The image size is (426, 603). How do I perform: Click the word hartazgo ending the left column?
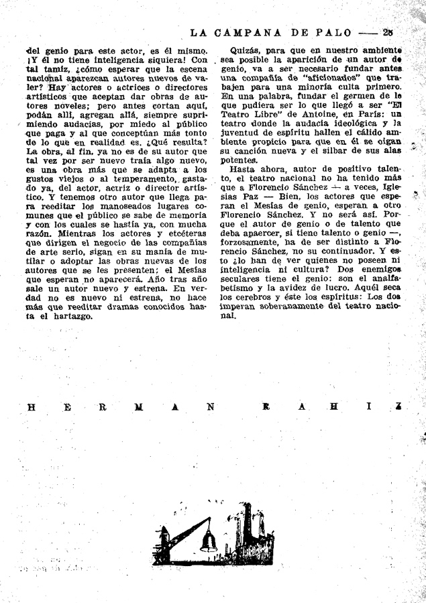[67, 316]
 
